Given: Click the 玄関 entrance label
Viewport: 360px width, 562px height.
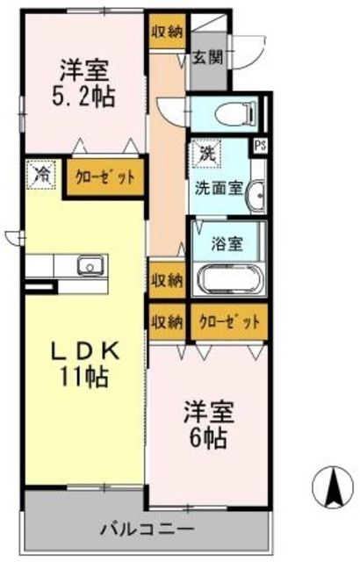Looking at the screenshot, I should (x=207, y=59).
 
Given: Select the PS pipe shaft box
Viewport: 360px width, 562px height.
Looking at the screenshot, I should (x=260, y=147).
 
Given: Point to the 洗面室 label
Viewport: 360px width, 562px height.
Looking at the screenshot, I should (x=212, y=187).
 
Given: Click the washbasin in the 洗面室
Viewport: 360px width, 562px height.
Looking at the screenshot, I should (x=256, y=196).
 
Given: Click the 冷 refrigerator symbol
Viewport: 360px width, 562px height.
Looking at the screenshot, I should (x=40, y=174).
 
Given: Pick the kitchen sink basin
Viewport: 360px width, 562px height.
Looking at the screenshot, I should (x=90, y=266).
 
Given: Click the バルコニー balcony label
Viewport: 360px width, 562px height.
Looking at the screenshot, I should (x=146, y=530).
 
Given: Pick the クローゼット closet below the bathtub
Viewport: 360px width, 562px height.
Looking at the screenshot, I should (x=229, y=321).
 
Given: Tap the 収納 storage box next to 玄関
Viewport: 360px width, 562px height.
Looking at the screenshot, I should (x=165, y=32).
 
